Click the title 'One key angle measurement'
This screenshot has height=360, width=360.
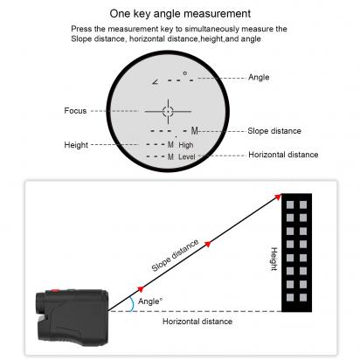[x=179, y=14]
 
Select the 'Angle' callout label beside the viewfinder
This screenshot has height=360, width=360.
[x=260, y=77]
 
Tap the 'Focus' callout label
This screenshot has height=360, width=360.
[x=75, y=110]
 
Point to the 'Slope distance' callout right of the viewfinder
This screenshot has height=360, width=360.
[x=274, y=131]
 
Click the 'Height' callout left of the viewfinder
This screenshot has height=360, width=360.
[x=76, y=144]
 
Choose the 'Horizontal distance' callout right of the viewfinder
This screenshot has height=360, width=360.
[x=283, y=155]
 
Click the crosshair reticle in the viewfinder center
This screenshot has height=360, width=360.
[x=168, y=110]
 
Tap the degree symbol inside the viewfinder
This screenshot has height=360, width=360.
[x=184, y=73]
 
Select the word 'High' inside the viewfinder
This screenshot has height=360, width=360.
[x=186, y=144]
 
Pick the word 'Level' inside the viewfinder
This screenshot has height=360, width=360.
[x=187, y=156]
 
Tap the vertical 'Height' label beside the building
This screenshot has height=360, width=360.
[x=273, y=257]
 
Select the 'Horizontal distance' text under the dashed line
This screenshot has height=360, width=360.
[x=197, y=322]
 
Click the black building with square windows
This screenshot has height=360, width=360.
[x=297, y=253]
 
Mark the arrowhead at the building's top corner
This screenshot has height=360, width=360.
[x=277, y=197]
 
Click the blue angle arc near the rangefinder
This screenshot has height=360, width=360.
[x=130, y=301]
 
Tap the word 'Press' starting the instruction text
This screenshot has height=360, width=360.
[x=82, y=29]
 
